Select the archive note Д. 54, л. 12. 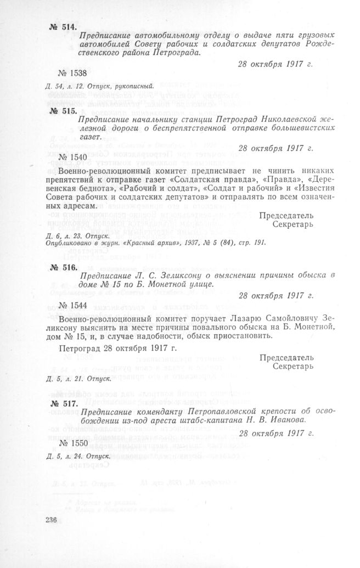[x=64, y=86]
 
